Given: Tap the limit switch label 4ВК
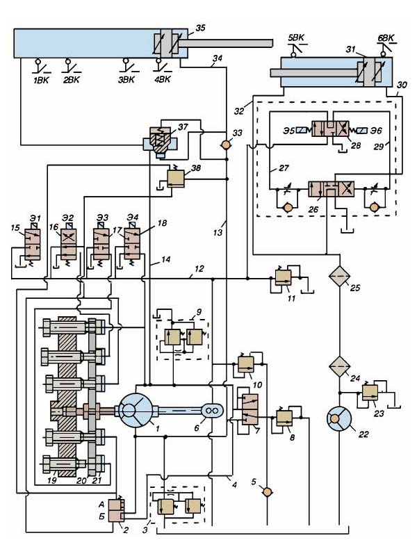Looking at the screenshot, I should [162, 79].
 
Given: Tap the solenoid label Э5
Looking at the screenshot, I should [290, 129].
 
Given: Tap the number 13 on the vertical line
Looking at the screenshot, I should [218, 233].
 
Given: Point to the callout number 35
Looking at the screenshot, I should [201, 28].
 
